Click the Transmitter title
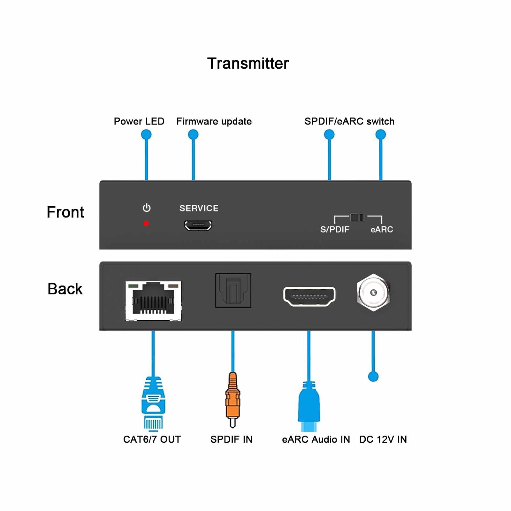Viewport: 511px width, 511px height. pos(248,63)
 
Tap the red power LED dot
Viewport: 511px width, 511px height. pos(146,223)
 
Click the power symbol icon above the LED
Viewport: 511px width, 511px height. pos(147,208)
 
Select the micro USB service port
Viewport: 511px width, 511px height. pos(198,225)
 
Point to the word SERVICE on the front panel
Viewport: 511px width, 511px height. pos(199,208)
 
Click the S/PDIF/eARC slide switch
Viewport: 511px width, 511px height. pos(358,217)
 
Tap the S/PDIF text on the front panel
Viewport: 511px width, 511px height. pos(335,229)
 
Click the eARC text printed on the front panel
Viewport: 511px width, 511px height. pos(382,229)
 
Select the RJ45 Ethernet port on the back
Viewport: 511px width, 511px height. pos(153,301)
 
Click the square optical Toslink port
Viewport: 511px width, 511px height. pos(233,290)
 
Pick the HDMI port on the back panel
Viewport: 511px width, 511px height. pos(309,296)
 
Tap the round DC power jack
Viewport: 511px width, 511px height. pos(373,292)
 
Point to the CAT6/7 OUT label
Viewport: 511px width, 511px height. pos(152,439)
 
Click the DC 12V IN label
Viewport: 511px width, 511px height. pos(383,439)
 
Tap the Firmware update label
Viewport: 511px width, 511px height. pos(214,121)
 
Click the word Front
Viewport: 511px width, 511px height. pos(65,212)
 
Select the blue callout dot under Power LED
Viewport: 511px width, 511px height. pos(146,134)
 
